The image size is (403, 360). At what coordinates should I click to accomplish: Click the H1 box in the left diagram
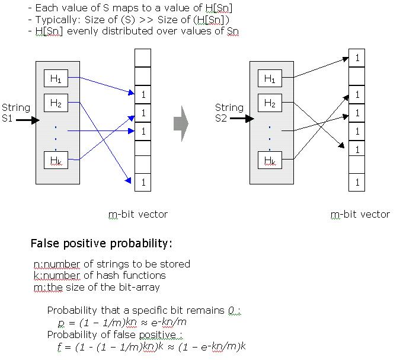(56, 78)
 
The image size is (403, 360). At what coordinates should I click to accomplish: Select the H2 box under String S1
(56, 103)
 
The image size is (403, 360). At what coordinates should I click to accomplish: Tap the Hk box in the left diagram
(56, 160)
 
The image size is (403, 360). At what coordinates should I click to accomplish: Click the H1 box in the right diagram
(270, 78)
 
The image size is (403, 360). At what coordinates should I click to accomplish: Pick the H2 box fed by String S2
(270, 103)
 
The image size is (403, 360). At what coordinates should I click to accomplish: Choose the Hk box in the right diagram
(270, 160)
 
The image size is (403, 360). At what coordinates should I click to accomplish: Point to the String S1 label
(15, 113)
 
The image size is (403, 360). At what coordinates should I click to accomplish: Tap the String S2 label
(229, 113)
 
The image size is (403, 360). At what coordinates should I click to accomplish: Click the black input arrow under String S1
(27, 120)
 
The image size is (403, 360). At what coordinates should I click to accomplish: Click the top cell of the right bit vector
(357, 58)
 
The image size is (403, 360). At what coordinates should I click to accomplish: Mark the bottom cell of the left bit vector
(143, 182)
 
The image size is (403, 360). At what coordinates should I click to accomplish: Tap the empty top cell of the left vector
(143, 58)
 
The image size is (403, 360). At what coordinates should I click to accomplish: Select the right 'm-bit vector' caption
(360, 214)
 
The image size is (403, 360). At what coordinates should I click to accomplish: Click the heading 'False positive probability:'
(101, 244)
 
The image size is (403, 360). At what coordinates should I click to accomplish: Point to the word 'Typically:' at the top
(55, 20)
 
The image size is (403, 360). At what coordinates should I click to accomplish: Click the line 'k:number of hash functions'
(100, 275)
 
